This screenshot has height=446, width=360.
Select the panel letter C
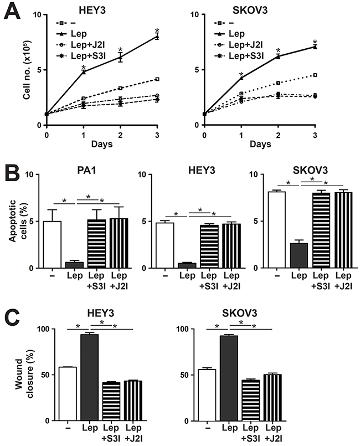pos(12,318)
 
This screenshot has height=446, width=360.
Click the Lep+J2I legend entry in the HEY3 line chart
pos(81,45)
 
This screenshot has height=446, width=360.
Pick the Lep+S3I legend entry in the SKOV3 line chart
pos(239,55)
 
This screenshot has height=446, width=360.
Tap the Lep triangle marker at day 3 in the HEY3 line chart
pos(157,37)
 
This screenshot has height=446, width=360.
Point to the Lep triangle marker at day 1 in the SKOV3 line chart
pos(241,78)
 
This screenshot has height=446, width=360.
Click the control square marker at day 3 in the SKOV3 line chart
pos(315,75)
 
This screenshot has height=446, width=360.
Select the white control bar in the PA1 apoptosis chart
pos(52,245)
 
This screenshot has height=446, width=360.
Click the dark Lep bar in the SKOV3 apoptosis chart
pos(299,255)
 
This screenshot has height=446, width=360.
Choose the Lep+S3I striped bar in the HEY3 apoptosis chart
pos(209,247)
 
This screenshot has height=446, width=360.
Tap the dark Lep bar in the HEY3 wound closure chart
pos(90,377)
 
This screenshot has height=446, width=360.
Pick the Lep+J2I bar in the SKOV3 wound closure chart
pos(272,398)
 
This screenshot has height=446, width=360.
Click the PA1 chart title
pos(86,170)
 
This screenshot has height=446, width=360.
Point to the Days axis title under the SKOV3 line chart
pos(260,144)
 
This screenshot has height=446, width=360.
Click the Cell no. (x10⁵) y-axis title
pos(27,70)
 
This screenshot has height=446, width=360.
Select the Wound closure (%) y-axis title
pos(24,374)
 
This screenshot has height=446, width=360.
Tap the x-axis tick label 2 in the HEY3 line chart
pos(120,135)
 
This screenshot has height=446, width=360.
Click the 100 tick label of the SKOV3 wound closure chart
pos(183,329)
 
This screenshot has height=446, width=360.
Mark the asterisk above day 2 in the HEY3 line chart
pos(121,50)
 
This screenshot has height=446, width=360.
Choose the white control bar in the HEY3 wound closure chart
pos(68,394)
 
